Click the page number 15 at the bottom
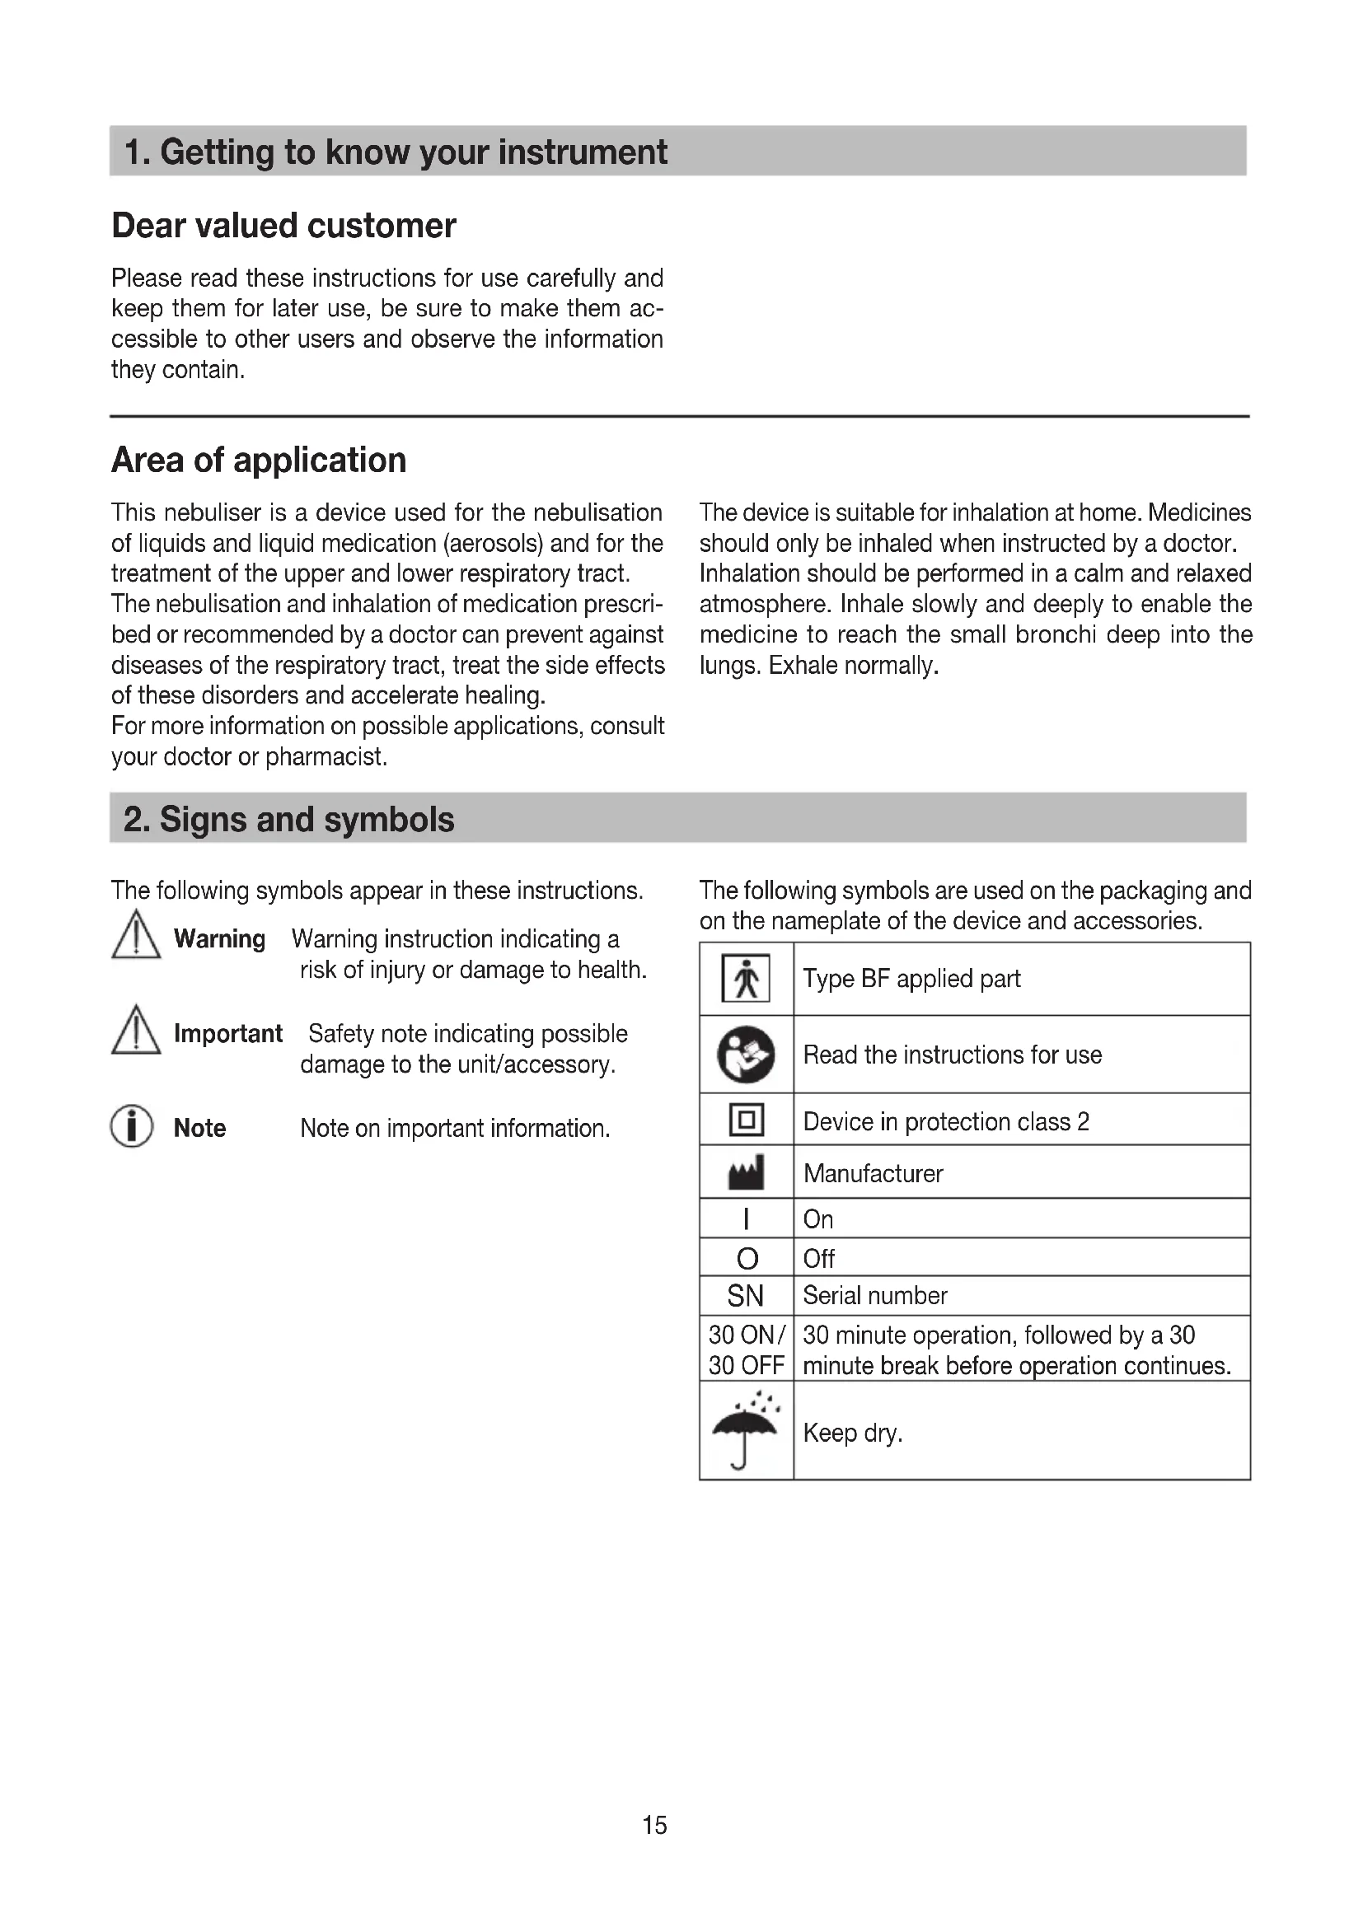[x=654, y=1825]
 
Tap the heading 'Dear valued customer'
[x=283, y=226]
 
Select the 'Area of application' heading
[x=259, y=460]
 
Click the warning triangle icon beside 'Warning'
[x=135, y=936]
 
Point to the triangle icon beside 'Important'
[x=135, y=1031]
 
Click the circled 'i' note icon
[x=132, y=1126]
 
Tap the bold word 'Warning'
[x=219, y=938]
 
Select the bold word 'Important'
[x=227, y=1033]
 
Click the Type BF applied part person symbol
[x=745, y=979]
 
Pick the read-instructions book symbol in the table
[x=745, y=1055]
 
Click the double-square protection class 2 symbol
[x=746, y=1120]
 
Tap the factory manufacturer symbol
[x=746, y=1172]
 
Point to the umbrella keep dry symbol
[x=745, y=1430]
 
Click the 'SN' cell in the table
[x=745, y=1296]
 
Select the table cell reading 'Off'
[x=819, y=1259]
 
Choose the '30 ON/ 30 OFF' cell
[x=746, y=1349]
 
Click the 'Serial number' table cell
[x=874, y=1296]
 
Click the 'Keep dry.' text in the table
[x=853, y=1432]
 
